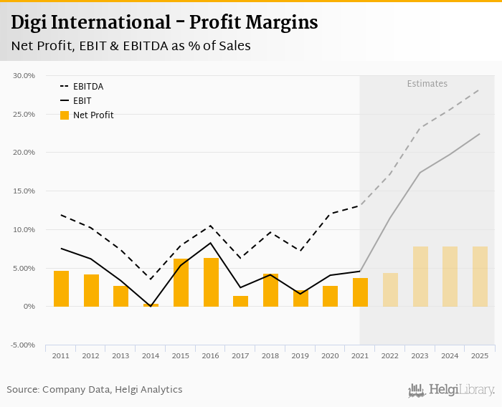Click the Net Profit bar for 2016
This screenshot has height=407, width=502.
[211, 282]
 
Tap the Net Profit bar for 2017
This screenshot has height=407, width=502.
[240, 302]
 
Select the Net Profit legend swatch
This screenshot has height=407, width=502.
[65, 115]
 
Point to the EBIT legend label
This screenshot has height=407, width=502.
[82, 101]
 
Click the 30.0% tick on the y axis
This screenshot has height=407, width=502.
[24, 75]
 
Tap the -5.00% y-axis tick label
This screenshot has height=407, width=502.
[24, 345]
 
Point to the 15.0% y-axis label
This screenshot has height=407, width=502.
[24, 191]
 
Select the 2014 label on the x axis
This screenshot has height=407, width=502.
[151, 356]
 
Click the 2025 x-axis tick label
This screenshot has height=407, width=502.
[480, 356]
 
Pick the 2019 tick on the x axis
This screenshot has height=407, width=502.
[300, 356]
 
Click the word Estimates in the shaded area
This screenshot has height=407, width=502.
[427, 84]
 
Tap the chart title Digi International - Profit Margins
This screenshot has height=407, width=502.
[164, 23]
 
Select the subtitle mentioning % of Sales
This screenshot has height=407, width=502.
[131, 46]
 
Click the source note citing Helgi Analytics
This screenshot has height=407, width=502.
[95, 390]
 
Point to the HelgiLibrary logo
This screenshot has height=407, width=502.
[451, 391]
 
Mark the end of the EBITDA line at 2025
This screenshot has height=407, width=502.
[480, 90]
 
